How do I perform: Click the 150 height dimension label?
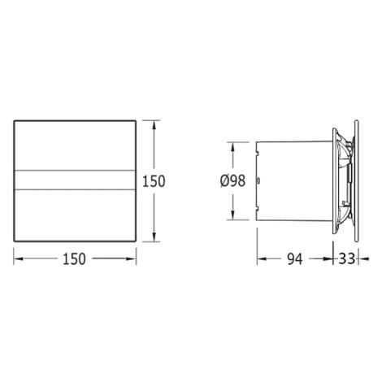click(154, 181)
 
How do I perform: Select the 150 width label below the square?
click(74, 258)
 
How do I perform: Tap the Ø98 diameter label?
click(233, 180)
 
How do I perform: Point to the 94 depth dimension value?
click(294, 259)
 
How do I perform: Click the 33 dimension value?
click(346, 258)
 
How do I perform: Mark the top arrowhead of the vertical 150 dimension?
click(154, 126)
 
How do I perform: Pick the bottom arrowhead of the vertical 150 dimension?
click(154, 237)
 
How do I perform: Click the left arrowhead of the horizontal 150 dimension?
click(19, 259)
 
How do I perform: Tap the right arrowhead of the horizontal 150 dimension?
click(131, 259)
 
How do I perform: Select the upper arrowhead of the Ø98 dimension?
click(232, 147)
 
